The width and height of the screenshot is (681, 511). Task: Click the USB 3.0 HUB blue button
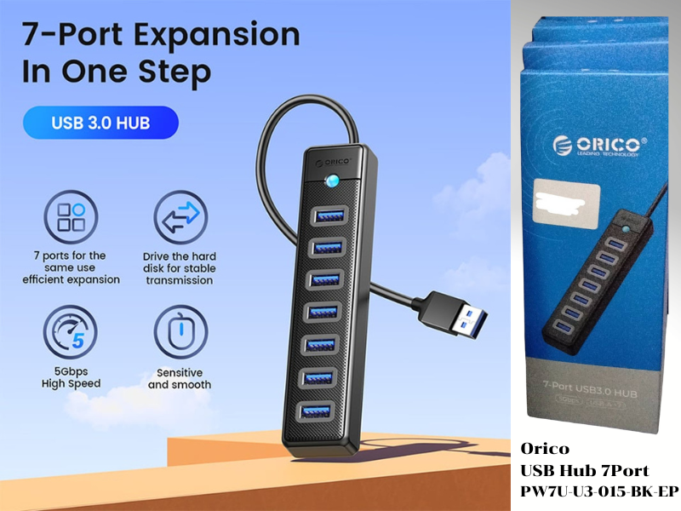click(100, 123)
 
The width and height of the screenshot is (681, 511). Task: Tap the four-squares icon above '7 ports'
click(72, 217)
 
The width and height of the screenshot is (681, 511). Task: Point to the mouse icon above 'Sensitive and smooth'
click(180, 336)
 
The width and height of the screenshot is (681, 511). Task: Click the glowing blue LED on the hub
click(330, 181)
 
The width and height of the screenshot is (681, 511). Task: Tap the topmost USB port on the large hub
click(329, 216)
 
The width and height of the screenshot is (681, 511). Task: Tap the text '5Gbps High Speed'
click(72, 378)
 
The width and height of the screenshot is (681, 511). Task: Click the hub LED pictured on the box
click(627, 229)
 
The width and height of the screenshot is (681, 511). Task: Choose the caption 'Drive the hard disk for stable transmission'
click(179, 267)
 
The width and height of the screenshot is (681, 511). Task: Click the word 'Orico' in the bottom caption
click(545, 450)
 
